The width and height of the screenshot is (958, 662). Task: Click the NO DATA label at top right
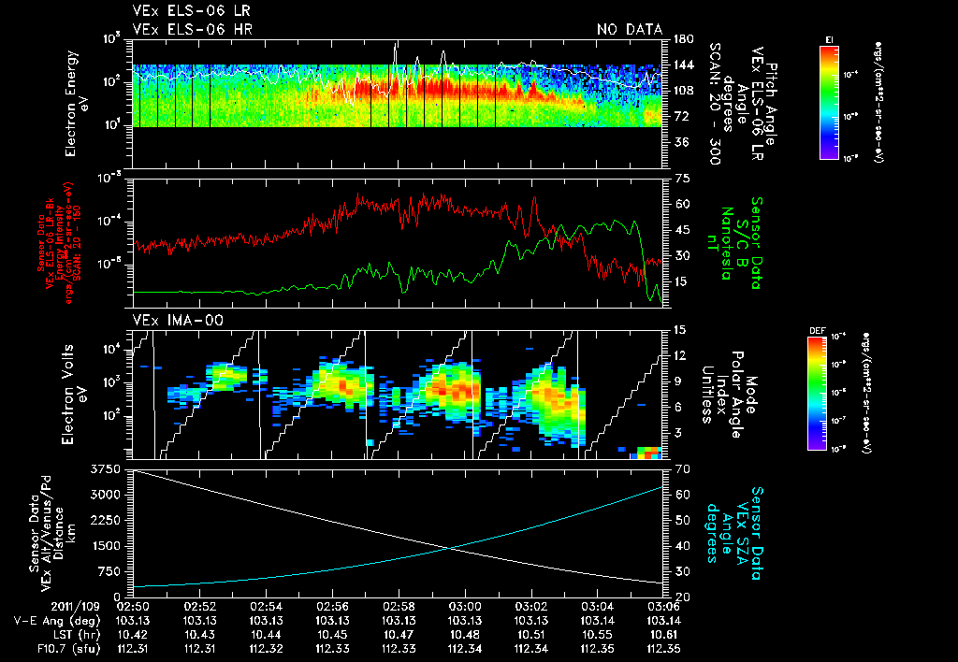[x=628, y=30]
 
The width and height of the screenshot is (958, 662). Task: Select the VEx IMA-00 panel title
[x=167, y=320]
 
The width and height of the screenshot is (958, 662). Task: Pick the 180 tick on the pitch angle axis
[x=681, y=39]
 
